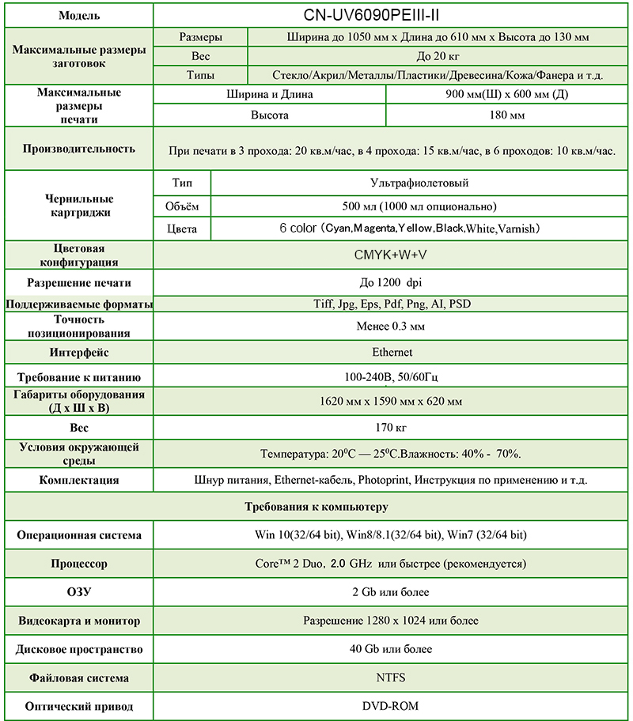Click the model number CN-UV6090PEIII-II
(x=392, y=15)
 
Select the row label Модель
(x=78, y=16)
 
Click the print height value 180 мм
(x=507, y=115)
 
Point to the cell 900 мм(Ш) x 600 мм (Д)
(x=507, y=94)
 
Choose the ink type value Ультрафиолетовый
(x=419, y=183)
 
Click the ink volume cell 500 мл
(x=419, y=206)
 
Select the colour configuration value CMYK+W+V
(x=392, y=255)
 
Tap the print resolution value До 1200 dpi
(x=392, y=282)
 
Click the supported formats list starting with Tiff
(x=392, y=304)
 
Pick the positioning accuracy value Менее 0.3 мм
(x=392, y=326)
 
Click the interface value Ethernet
(x=392, y=352)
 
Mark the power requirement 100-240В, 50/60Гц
(x=392, y=376)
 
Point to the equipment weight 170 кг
(x=392, y=428)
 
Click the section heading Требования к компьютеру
(x=316, y=507)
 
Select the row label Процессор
(x=78, y=564)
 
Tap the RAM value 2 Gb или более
(x=392, y=592)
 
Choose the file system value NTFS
(x=392, y=678)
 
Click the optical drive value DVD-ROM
(x=392, y=706)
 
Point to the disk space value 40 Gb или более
(x=392, y=649)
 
